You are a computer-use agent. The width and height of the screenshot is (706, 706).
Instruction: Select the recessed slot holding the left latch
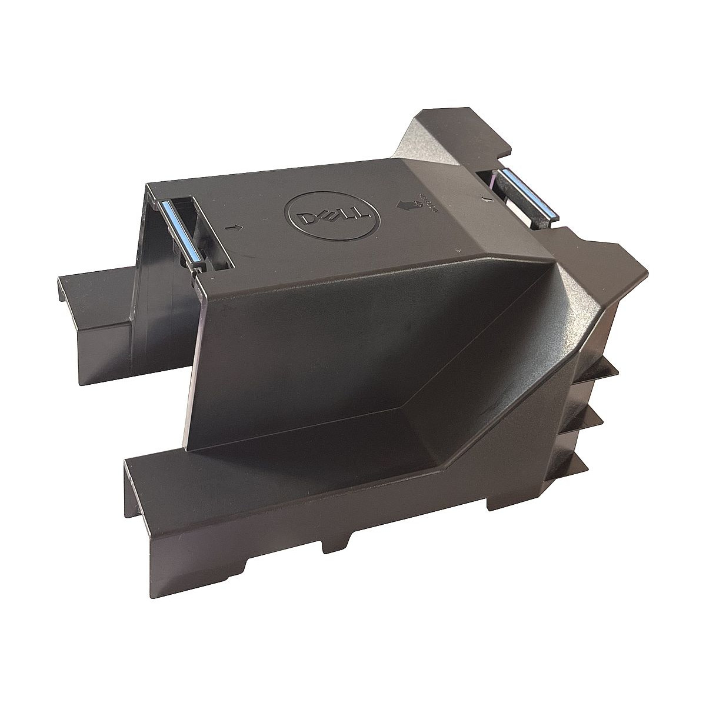191,235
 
